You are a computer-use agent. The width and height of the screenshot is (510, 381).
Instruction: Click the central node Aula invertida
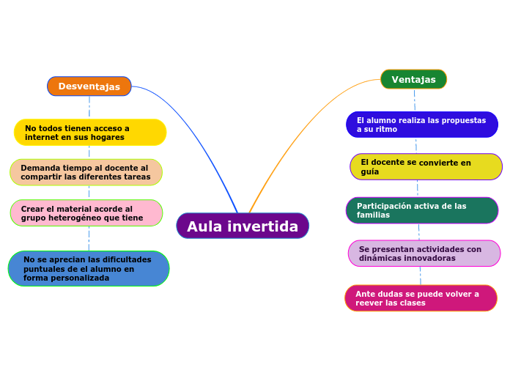243,226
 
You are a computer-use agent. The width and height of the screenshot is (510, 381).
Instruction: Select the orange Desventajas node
89,86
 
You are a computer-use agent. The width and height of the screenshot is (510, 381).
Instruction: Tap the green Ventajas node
413,79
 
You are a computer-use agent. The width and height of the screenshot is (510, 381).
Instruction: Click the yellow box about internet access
90,133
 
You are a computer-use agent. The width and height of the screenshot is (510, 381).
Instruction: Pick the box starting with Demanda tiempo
86,172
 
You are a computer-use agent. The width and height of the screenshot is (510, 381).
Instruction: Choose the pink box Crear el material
86,213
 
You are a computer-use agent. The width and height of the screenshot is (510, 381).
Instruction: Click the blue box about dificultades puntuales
89,269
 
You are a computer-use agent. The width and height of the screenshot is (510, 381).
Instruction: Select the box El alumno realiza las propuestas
421,125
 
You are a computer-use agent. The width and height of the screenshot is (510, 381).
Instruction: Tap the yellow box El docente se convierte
426,167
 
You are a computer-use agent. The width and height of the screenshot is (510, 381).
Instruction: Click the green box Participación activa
422,210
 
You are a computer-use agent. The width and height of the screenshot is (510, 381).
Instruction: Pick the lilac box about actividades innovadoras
424,254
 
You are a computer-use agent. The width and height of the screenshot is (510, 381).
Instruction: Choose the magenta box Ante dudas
421,298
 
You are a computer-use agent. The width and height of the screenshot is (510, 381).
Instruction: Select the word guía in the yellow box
370,171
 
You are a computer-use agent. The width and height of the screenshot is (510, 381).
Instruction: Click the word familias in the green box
373,215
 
